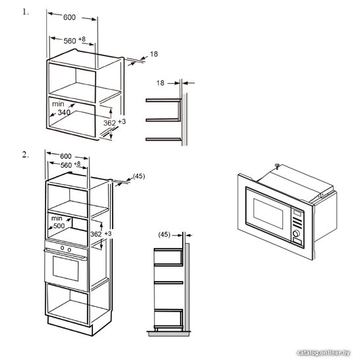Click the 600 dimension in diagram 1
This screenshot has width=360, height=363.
[x=69, y=17]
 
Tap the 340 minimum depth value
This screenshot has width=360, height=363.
[x=64, y=112]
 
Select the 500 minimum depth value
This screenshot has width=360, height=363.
[x=59, y=226]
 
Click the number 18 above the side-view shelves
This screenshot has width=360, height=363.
[x=160, y=83]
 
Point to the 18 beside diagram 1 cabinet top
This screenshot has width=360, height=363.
[x=154, y=54]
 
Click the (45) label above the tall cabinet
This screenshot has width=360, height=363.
[x=139, y=176]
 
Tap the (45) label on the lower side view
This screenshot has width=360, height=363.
[x=164, y=234]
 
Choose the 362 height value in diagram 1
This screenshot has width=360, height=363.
[x=109, y=123]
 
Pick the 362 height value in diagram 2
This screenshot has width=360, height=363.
[x=96, y=234]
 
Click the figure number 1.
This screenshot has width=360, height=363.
[x=26, y=12]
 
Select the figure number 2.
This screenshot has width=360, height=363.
[x=26, y=154]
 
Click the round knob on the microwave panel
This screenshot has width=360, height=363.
[x=296, y=234]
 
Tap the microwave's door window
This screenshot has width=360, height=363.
[x=268, y=213]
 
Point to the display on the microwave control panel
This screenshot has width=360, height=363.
[x=297, y=213]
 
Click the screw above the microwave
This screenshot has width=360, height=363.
[x=277, y=166]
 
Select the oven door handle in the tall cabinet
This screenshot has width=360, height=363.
[x=66, y=254]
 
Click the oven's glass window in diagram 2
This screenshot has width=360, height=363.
[x=66, y=268]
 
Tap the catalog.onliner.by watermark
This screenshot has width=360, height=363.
[x=323, y=353]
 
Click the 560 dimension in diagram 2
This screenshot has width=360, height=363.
[x=66, y=165]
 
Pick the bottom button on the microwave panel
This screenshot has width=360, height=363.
[x=297, y=242]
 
